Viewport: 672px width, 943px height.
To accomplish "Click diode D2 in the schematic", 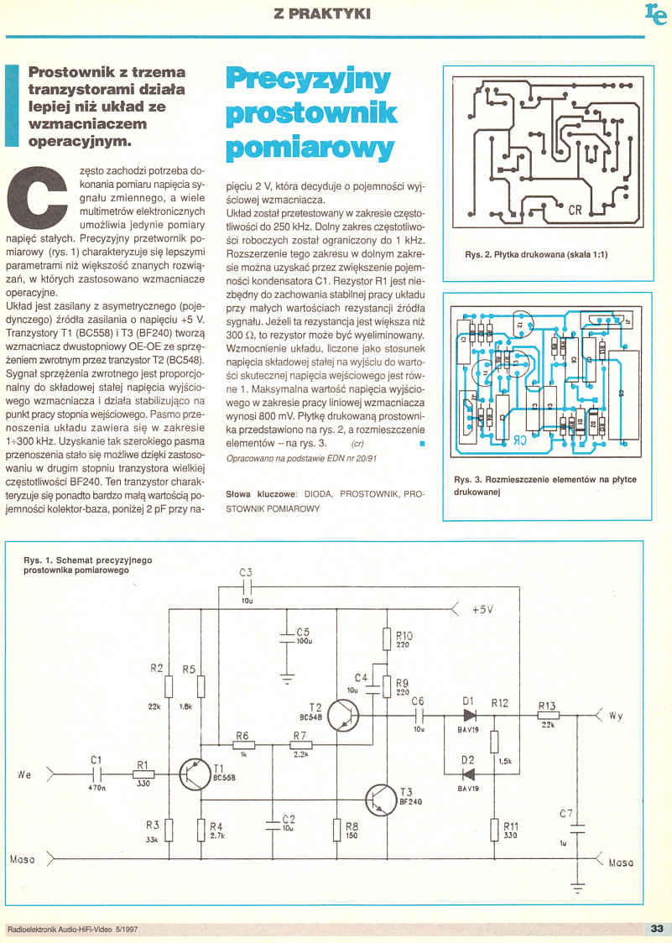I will click(467, 773).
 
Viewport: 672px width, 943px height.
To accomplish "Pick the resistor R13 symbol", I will click(547, 715).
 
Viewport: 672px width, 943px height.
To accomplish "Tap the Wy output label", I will click(617, 716).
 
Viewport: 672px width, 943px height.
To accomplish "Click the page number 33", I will click(656, 928).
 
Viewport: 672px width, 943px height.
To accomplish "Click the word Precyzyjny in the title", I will click(308, 80).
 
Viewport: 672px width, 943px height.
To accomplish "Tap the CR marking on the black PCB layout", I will click(574, 211).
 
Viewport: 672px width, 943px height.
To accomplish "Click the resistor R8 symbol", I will click(336, 830).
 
